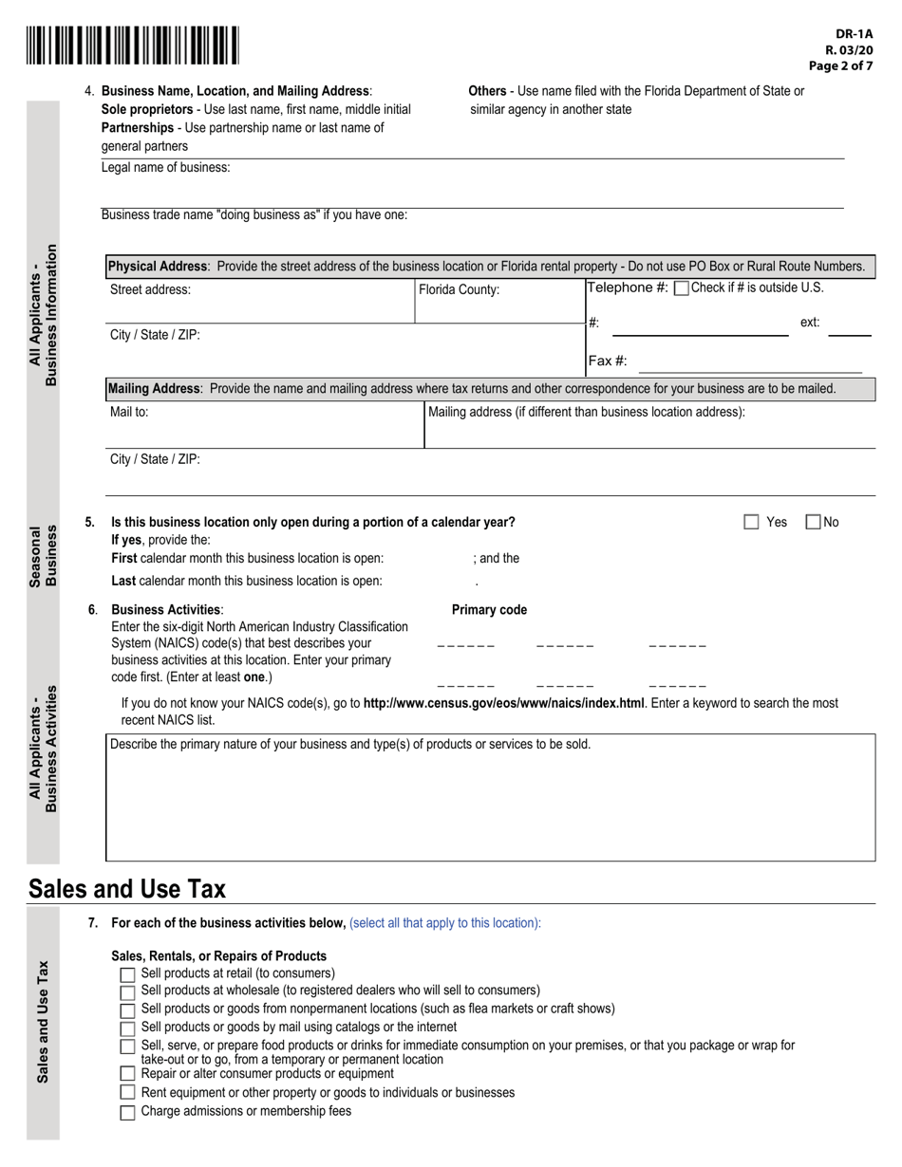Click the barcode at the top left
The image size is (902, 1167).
pyautogui.click(x=133, y=46)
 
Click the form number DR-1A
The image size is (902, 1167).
pyautogui.click(x=855, y=33)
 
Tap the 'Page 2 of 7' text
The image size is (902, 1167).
pyautogui.click(x=840, y=66)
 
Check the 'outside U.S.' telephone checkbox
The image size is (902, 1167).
pyautogui.click(x=681, y=288)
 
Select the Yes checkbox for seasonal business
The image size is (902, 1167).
pyautogui.click(x=752, y=522)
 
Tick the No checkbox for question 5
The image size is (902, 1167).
pyautogui.click(x=814, y=522)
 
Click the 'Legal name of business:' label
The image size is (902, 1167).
pyautogui.click(x=165, y=168)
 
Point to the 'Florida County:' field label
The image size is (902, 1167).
pyautogui.click(x=459, y=290)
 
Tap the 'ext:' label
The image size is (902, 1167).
pyautogui.click(x=810, y=323)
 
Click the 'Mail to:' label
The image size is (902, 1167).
pyautogui.click(x=129, y=413)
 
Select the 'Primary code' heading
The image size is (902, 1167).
pyautogui.click(x=489, y=610)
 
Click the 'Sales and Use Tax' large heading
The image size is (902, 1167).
pyautogui.click(x=127, y=889)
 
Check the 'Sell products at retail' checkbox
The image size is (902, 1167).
pyautogui.click(x=127, y=975)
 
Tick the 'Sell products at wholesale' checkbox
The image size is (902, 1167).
pyautogui.click(x=127, y=992)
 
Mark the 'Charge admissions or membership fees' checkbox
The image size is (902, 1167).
pyautogui.click(x=127, y=1113)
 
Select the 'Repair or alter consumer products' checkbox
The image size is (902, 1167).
pyautogui.click(x=127, y=1074)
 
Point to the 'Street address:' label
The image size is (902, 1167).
pyautogui.click(x=150, y=290)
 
